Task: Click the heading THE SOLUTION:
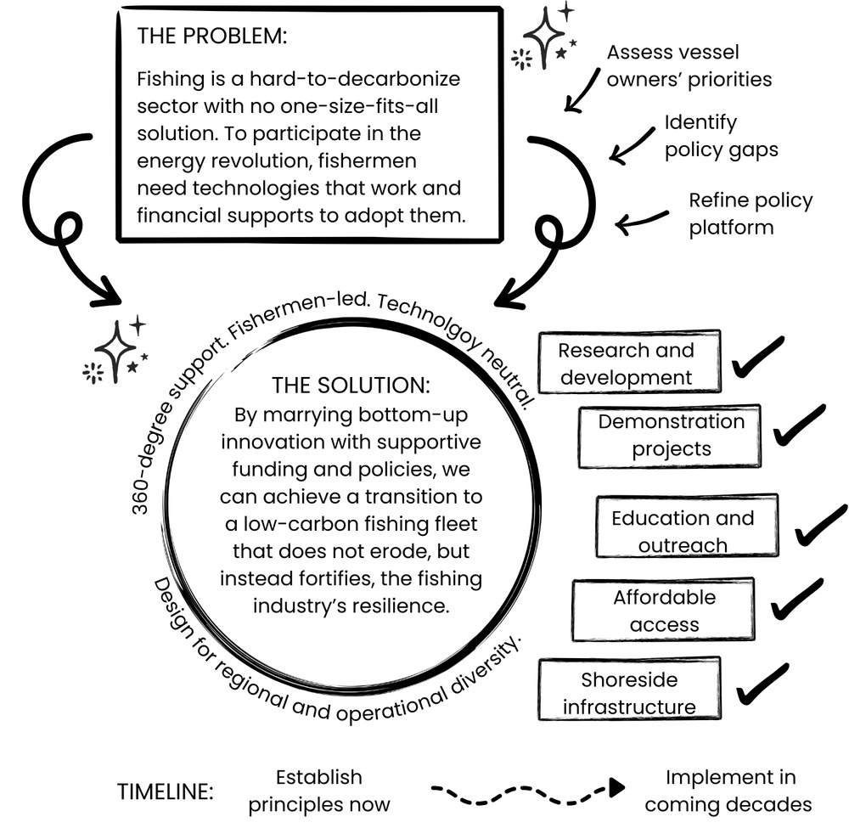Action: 351,385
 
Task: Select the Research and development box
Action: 627,363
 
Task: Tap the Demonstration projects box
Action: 671,435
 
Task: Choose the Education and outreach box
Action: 683,531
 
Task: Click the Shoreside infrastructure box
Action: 629,693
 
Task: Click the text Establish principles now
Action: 319,791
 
